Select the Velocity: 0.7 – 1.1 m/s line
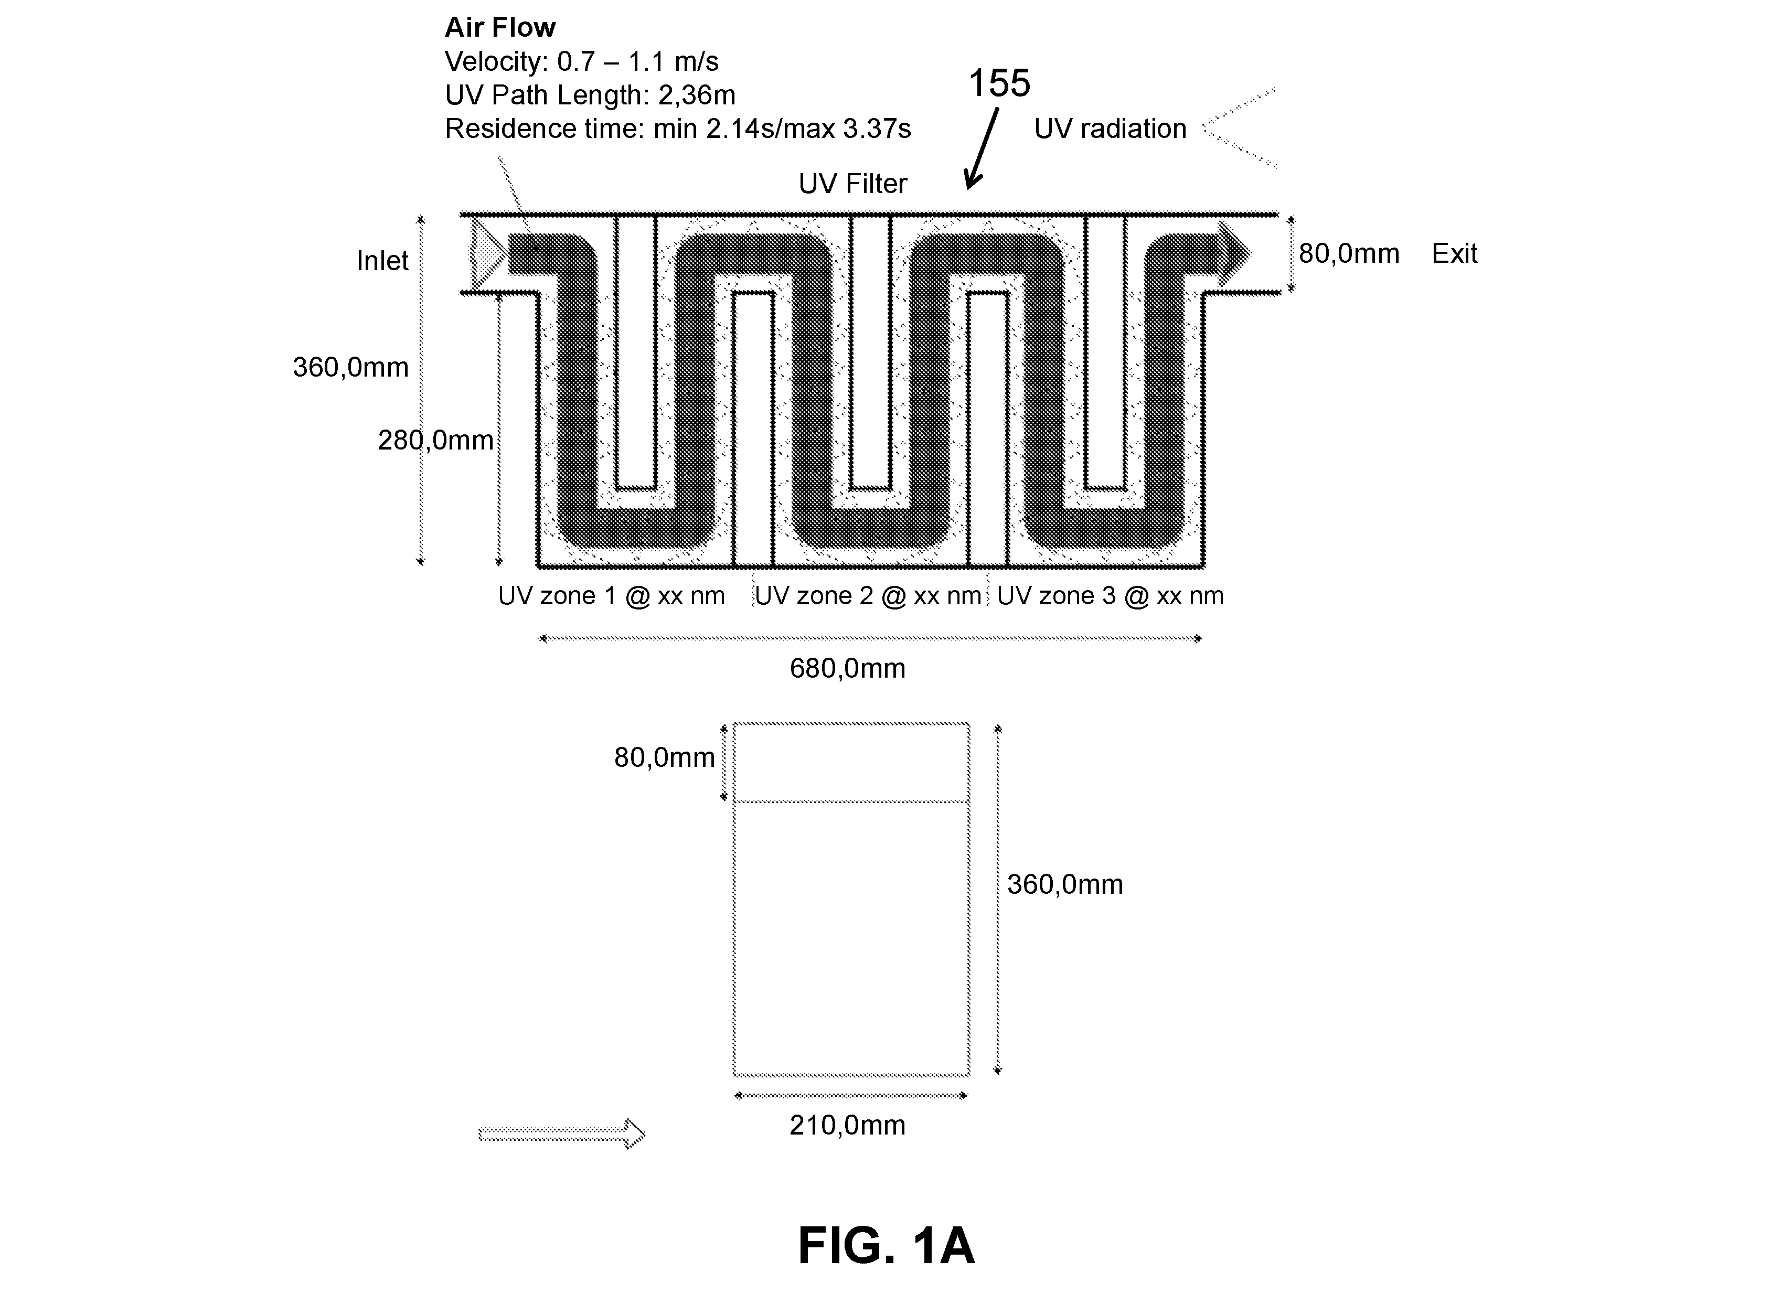click(581, 61)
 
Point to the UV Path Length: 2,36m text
click(590, 95)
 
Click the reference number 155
click(999, 83)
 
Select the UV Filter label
click(853, 184)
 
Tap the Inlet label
click(382, 261)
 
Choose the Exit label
click(1454, 254)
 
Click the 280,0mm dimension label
click(436, 441)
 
